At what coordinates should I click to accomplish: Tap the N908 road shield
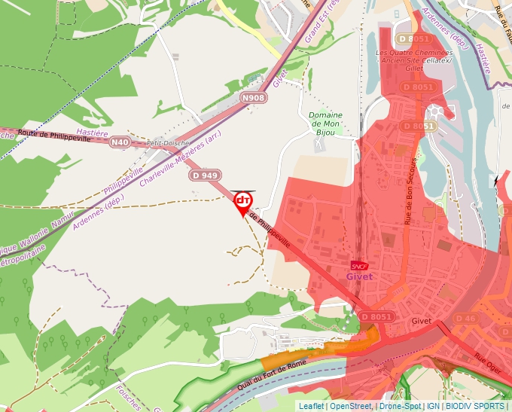coord(254,98)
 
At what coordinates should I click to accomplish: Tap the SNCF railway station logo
coord(360,265)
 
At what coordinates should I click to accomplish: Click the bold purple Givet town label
coord(360,276)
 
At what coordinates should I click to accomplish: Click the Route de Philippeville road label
coord(54,136)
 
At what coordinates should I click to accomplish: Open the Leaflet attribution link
coord(311,406)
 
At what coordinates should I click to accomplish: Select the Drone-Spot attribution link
coord(401,406)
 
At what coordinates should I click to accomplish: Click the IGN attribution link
coord(433,406)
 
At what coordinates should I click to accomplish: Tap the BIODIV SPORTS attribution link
coord(474,406)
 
